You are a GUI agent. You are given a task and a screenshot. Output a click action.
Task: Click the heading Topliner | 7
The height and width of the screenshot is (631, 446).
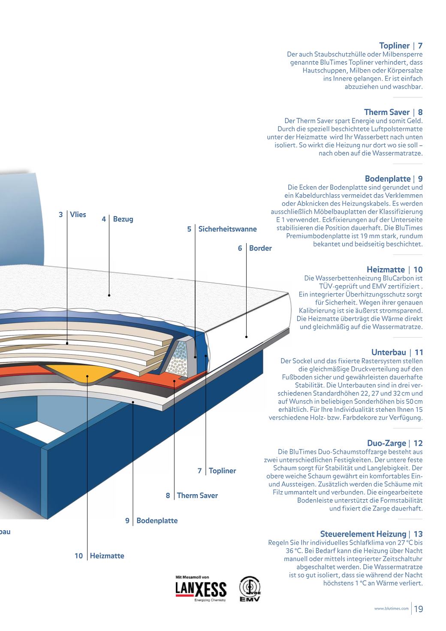pyautogui.click(x=401, y=45)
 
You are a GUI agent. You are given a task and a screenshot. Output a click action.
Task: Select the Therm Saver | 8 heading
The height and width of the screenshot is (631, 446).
pyautogui.click(x=393, y=112)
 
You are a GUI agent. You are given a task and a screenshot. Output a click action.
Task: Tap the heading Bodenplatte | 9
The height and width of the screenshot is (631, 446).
pyautogui.click(x=393, y=178)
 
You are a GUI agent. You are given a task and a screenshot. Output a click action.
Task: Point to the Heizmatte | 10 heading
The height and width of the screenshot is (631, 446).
pyautogui.click(x=394, y=269)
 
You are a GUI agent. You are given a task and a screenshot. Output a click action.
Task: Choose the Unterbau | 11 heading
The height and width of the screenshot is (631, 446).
pyautogui.click(x=397, y=352)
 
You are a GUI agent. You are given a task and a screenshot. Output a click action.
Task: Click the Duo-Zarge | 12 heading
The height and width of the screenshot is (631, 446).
pyautogui.click(x=395, y=443)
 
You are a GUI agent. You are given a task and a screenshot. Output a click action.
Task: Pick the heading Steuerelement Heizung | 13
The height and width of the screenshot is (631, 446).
pyautogui.click(x=371, y=534)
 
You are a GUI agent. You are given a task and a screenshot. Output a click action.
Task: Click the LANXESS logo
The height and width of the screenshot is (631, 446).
pyautogui.click(x=201, y=589)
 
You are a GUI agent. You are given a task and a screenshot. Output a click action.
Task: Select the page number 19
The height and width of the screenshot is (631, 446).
pyautogui.click(x=419, y=609)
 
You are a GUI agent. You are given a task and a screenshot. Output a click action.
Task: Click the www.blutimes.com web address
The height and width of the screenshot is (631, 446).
pyautogui.click(x=391, y=609)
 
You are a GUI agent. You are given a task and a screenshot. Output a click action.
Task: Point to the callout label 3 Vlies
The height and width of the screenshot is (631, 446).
pyautogui.click(x=72, y=214)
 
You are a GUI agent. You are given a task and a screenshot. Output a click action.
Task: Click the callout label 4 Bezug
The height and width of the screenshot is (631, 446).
pyautogui.click(x=118, y=219)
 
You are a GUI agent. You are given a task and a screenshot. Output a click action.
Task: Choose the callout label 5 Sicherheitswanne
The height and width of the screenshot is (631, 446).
pyautogui.click(x=222, y=229)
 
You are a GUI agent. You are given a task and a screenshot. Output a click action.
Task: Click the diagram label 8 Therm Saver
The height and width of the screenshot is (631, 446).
pyautogui.click(x=192, y=495)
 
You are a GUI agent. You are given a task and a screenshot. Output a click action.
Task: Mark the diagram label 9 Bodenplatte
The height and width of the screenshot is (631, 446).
pyautogui.click(x=151, y=521)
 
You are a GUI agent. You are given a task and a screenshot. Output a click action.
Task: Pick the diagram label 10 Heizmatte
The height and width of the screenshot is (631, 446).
pyautogui.click(x=99, y=556)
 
